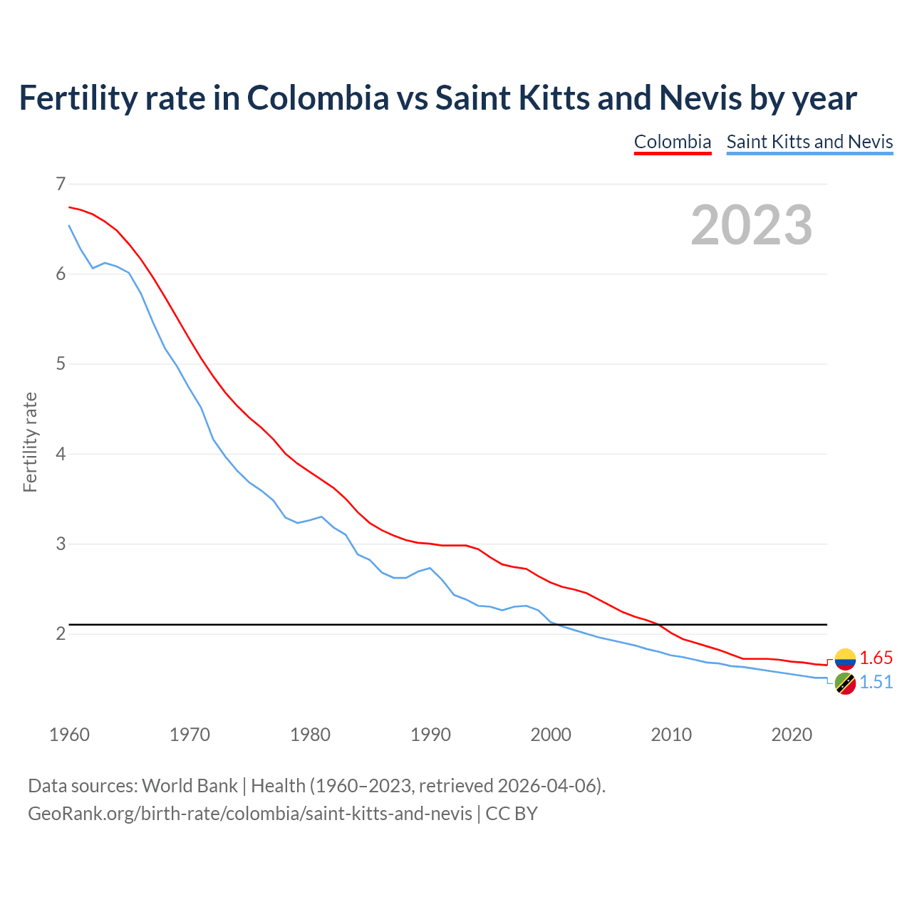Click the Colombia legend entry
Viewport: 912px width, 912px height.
(x=673, y=142)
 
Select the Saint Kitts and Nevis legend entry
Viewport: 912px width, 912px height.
(x=809, y=142)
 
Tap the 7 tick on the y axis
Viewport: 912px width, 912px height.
(x=61, y=185)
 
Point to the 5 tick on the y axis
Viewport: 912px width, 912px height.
(x=61, y=364)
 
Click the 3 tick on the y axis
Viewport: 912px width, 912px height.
(x=61, y=544)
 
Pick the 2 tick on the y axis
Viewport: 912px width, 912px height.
(x=61, y=634)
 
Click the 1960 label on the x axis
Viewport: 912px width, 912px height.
(x=69, y=735)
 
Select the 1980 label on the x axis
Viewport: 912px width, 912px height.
(x=310, y=735)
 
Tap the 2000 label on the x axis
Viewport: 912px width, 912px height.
(x=551, y=735)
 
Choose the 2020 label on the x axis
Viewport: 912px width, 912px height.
(x=792, y=735)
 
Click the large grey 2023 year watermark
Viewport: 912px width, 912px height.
(x=751, y=225)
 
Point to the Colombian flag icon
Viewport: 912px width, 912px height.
(x=845, y=658)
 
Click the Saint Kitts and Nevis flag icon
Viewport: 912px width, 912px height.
(x=845, y=683)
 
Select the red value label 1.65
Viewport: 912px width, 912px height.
(x=876, y=658)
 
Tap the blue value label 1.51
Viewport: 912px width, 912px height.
(x=876, y=683)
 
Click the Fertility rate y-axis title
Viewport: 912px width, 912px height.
(x=30, y=442)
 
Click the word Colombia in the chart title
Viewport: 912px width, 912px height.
(x=318, y=98)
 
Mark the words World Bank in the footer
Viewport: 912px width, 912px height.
(x=190, y=786)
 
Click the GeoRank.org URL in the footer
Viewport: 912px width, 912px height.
(x=249, y=814)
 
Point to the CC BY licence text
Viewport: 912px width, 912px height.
(x=512, y=814)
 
